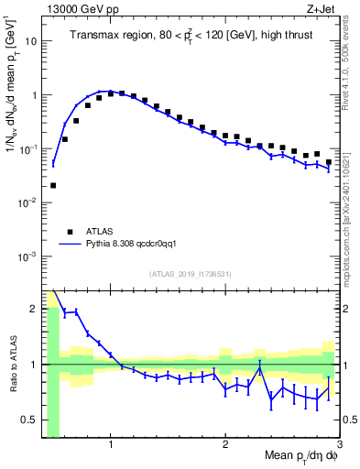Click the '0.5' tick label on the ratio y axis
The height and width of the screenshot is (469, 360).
(x=31, y=420)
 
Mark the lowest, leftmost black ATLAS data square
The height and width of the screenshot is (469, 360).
(x=53, y=185)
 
